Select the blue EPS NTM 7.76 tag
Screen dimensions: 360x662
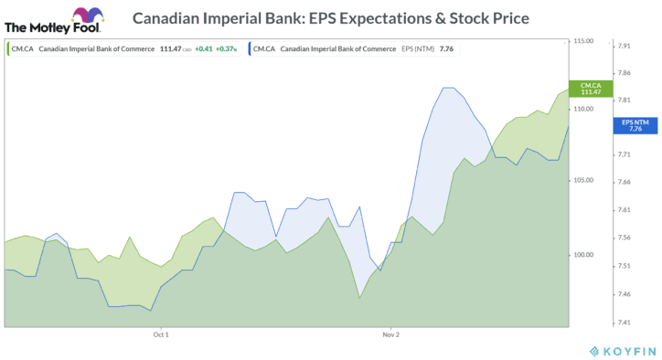pos(636,125)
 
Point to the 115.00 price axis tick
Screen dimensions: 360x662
pos(583,41)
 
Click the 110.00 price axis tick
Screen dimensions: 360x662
pos(583,110)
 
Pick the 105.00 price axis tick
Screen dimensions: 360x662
pos(583,180)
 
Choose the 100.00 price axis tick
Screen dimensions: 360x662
pos(583,255)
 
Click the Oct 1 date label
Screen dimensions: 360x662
pos(161,334)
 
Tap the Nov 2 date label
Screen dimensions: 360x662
pos(391,334)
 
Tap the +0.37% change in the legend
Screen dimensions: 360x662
pos(226,48)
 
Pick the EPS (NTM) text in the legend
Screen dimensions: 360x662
pos(417,48)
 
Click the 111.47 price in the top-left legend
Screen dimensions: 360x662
pos(168,48)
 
